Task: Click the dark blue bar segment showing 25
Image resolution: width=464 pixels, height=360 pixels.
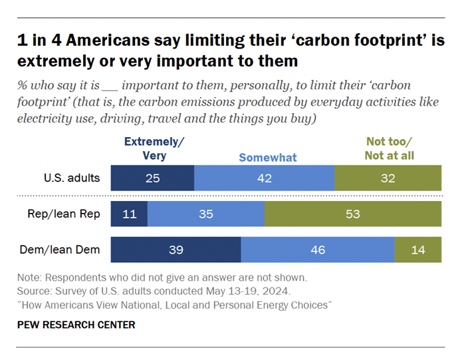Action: pyautogui.click(x=152, y=179)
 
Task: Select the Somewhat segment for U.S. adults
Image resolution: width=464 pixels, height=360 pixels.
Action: pyautogui.click(x=265, y=179)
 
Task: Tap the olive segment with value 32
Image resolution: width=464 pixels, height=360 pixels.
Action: pyautogui.click(x=388, y=179)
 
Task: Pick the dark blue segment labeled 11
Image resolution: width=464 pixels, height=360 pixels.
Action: pyautogui.click(x=129, y=214)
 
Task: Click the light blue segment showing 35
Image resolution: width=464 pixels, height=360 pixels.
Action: pyautogui.click(x=205, y=214)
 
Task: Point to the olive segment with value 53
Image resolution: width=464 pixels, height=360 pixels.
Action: pyautogui.click(x=352, y=214)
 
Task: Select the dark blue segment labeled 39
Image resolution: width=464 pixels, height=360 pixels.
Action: pyautogui.click(x=175, y=250)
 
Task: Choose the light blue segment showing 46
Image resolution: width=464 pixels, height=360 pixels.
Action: pyautogui.click(x=318, y=250)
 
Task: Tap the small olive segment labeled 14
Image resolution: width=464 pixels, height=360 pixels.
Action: pyautogui.click(x=417, y=250)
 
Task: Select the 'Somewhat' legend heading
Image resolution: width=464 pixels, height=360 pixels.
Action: pyautogui.click(x=268, y=158)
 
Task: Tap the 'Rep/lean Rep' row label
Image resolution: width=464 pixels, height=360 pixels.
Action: pyautogui.click(x=71, y=214)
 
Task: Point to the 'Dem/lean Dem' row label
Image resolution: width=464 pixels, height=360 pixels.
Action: pyautogui.click(x=69, y=250)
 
